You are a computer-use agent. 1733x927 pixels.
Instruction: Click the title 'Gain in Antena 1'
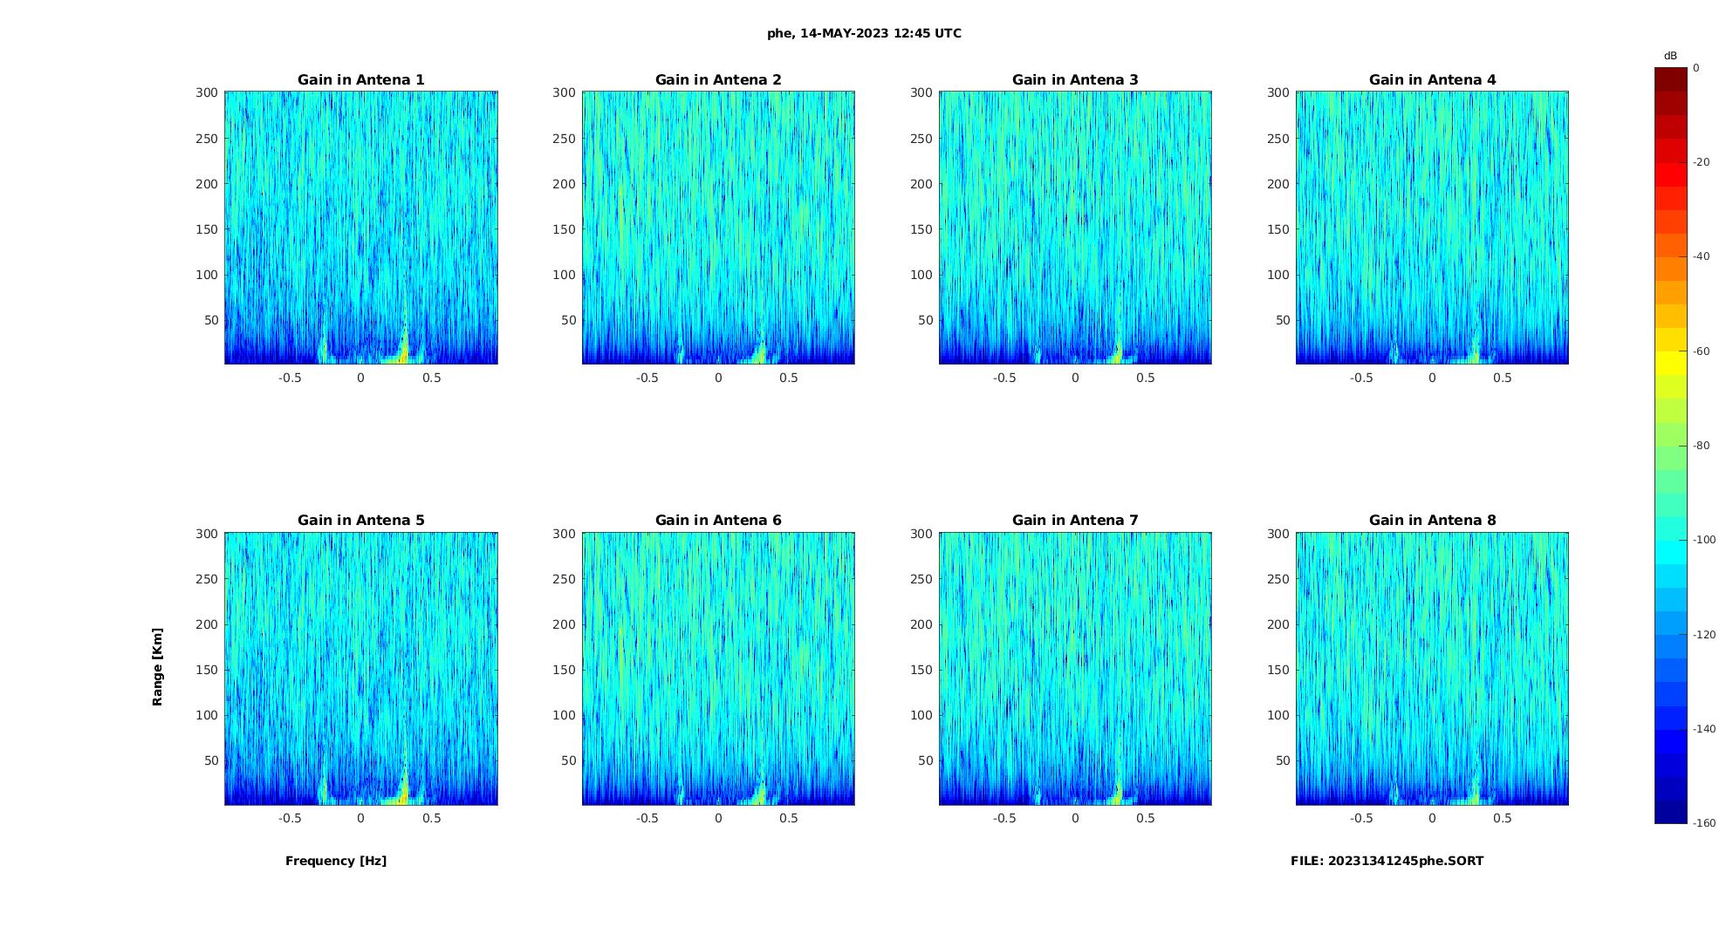click(360, 80)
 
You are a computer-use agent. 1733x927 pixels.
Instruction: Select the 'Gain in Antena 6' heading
click(718, 521)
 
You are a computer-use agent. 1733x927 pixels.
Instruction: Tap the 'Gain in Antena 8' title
click(1432, 521)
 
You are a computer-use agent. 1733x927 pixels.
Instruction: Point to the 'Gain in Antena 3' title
click(1075, 80)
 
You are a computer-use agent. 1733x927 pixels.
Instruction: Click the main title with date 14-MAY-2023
click(864, 33)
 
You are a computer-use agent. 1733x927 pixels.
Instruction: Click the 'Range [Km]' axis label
click(157, 667)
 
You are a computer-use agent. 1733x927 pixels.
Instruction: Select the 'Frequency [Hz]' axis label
click(336, 861)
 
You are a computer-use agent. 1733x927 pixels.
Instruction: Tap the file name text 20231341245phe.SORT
click(1387, 861)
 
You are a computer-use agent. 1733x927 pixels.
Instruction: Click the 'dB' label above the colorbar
click(1670, 56)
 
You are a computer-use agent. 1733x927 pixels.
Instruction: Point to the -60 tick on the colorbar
click(1702, 351)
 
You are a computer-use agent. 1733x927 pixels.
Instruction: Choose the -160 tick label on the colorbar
click(1704, 823)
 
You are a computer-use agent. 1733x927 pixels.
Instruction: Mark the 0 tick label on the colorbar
click(1696, 67)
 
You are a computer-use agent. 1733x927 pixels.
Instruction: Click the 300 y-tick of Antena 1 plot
click(206, 92)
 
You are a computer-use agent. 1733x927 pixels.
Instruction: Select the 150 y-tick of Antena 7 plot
click(921, 670)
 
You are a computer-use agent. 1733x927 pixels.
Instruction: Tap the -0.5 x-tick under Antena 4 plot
click(1361, 378)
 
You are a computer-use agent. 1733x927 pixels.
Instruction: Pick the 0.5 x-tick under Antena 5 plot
click(432, 818)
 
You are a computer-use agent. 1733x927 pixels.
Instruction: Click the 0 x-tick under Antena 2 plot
click(718, 378)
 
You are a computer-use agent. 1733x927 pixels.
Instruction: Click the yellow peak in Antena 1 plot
click(403, 353)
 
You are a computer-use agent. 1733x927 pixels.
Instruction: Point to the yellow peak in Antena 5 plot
click(403, 794)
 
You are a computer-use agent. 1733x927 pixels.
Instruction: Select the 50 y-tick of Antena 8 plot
click(1282, 760)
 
